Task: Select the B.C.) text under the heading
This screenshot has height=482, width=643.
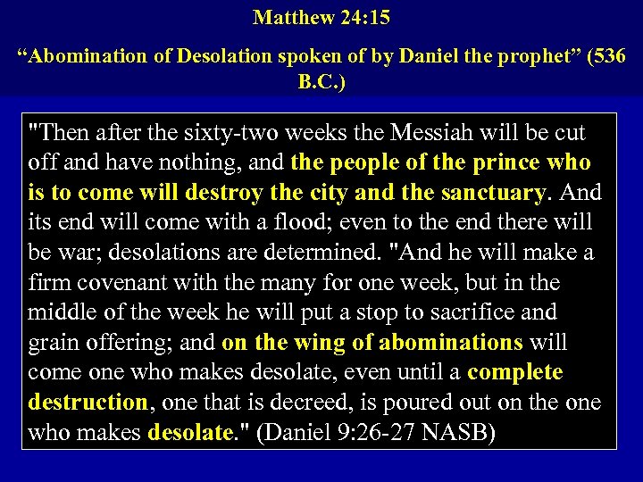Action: pos(321,82)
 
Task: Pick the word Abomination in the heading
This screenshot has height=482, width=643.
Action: pos(84,55)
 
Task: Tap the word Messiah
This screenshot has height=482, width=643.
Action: pos(431,133)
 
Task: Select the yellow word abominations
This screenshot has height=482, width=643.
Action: pos(450,343)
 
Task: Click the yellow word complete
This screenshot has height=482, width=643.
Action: pos(515,372)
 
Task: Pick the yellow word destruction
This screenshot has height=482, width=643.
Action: pos(87,403)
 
